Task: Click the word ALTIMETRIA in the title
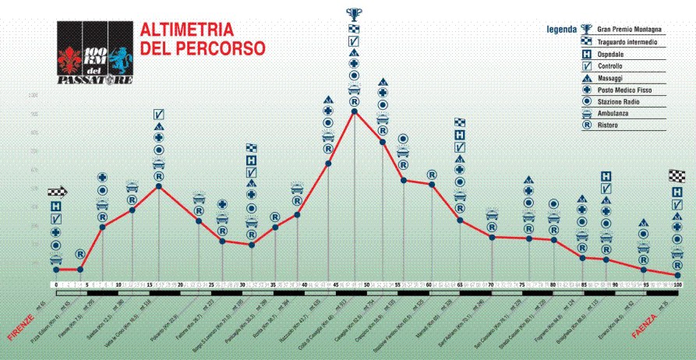[186, 30]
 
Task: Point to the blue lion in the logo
[120, 57]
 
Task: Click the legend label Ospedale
[613, 55]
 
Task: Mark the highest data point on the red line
[355, 111]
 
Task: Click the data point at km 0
[56, 270]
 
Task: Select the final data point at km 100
[678, 275]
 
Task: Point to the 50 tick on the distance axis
[366, 285]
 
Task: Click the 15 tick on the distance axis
[149, 285]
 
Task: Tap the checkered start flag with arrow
[58, 191]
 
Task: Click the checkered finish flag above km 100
[677, 175]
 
